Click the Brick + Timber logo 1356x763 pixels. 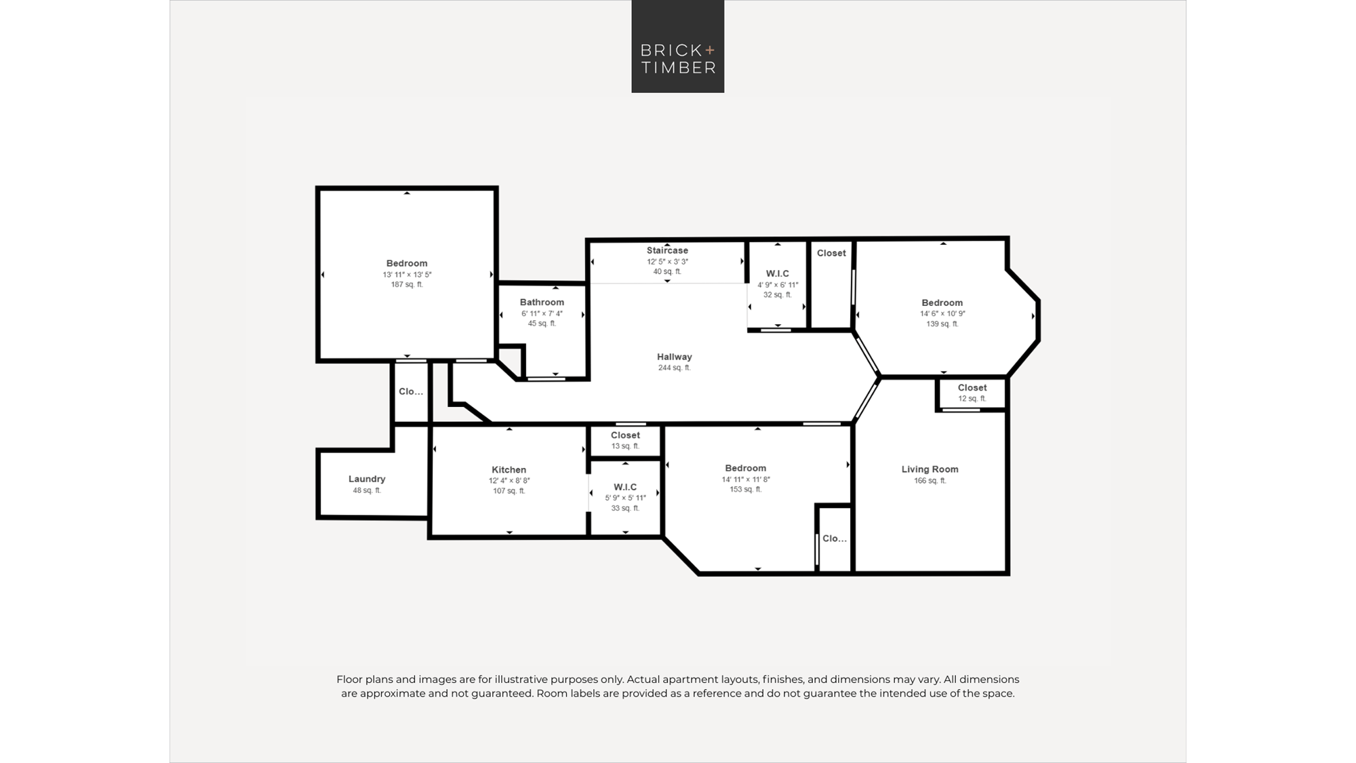(678, 46)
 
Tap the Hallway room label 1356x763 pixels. (675, 357)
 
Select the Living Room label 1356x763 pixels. (930, 469)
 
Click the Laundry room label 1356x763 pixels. (367, 479)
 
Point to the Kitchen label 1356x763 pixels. (509, 469)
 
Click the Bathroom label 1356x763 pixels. (542, 302)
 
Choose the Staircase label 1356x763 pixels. (667, 250)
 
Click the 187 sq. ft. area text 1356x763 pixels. (407, 285)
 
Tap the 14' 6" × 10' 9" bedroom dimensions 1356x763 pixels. (942, 314)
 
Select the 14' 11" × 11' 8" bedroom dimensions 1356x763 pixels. (746, 480)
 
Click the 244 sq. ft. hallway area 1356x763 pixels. (675, 368)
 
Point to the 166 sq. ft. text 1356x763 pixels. (930, 481)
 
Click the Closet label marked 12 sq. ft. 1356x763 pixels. (972, 388)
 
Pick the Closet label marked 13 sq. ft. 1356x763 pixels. (625, 435)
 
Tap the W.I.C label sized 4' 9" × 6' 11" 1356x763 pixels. (778, 274)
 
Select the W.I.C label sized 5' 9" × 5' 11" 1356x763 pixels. (625, 487)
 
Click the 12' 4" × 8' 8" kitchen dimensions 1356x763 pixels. (509, 481)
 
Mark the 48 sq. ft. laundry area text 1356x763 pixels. (367, 490)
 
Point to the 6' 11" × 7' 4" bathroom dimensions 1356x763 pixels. (542, 314)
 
